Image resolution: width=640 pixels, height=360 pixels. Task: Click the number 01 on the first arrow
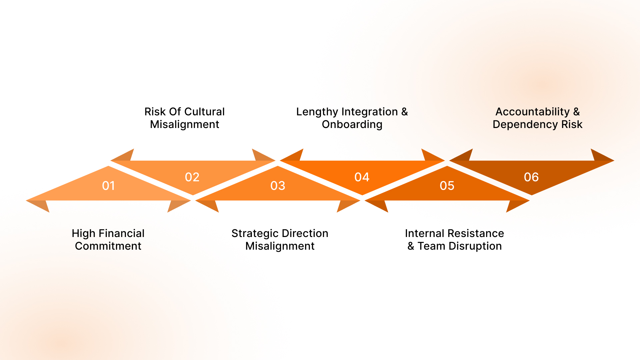108,186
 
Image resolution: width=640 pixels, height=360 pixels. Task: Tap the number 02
192,177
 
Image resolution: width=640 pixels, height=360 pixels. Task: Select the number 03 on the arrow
278,186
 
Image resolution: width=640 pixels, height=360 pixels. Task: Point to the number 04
362,177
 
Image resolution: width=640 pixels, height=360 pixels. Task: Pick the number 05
447,186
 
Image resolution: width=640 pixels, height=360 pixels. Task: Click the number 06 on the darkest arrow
531,177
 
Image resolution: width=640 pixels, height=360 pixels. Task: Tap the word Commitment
108,246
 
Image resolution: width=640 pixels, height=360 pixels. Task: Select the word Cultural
204,112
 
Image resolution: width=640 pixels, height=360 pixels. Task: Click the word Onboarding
352,124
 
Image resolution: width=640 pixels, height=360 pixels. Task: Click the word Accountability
532,112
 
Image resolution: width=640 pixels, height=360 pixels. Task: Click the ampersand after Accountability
576,112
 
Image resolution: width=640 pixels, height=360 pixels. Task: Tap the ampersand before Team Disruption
411,246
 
